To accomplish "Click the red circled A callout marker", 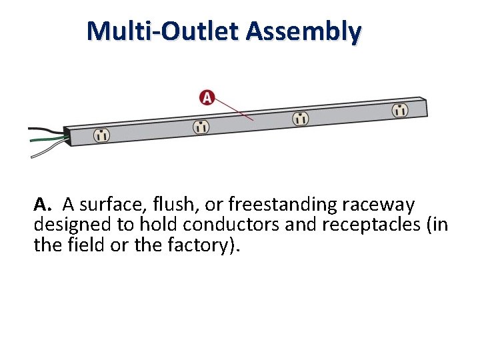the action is (207, 98).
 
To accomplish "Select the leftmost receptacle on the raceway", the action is (101, 134).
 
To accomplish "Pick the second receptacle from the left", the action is (201, 126).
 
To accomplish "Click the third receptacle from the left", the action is (301, 118).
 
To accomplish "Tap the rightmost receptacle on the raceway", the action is (399, 110).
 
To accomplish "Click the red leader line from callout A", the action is (234, 110).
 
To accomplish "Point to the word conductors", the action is (230, 224).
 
